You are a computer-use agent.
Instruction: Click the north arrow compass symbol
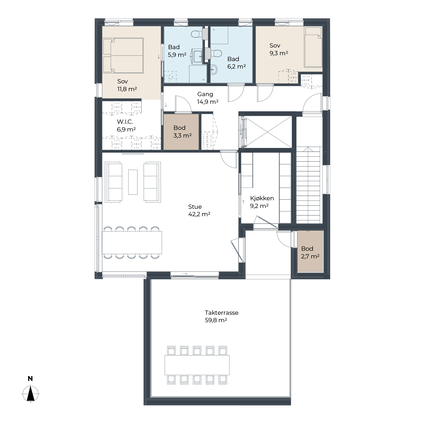pos(31,394)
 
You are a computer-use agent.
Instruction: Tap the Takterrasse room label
pos(222,313)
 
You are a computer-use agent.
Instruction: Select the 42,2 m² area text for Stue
pos(199,214)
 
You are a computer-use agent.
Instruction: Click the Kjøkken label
pos(262,198)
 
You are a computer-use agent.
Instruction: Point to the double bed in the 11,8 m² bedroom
pos(123,55)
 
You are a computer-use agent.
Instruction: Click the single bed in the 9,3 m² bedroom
pos(313,47)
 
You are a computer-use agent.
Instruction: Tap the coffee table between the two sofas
pos(133,182)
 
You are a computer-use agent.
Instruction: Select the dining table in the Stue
pos(132,243)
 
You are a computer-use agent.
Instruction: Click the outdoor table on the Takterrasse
pos(197,365)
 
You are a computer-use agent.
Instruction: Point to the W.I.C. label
pos(125,122)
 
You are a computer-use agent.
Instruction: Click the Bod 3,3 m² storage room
pos(181,132)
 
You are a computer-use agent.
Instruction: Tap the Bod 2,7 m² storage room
pos(310,251)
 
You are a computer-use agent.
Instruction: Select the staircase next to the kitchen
pos(308,185)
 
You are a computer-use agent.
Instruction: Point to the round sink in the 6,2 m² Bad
pos(214,70)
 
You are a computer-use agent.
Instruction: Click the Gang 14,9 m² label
pos(207,98)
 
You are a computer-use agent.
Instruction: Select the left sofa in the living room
pos(114,182)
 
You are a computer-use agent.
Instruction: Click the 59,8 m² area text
pos(216,320)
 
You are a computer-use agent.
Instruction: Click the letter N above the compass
pos(30,379)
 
